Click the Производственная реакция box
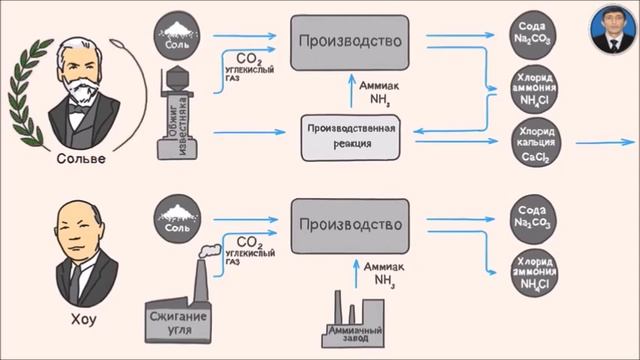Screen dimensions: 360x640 point(350,136)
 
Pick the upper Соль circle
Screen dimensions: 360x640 point(177,37)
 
